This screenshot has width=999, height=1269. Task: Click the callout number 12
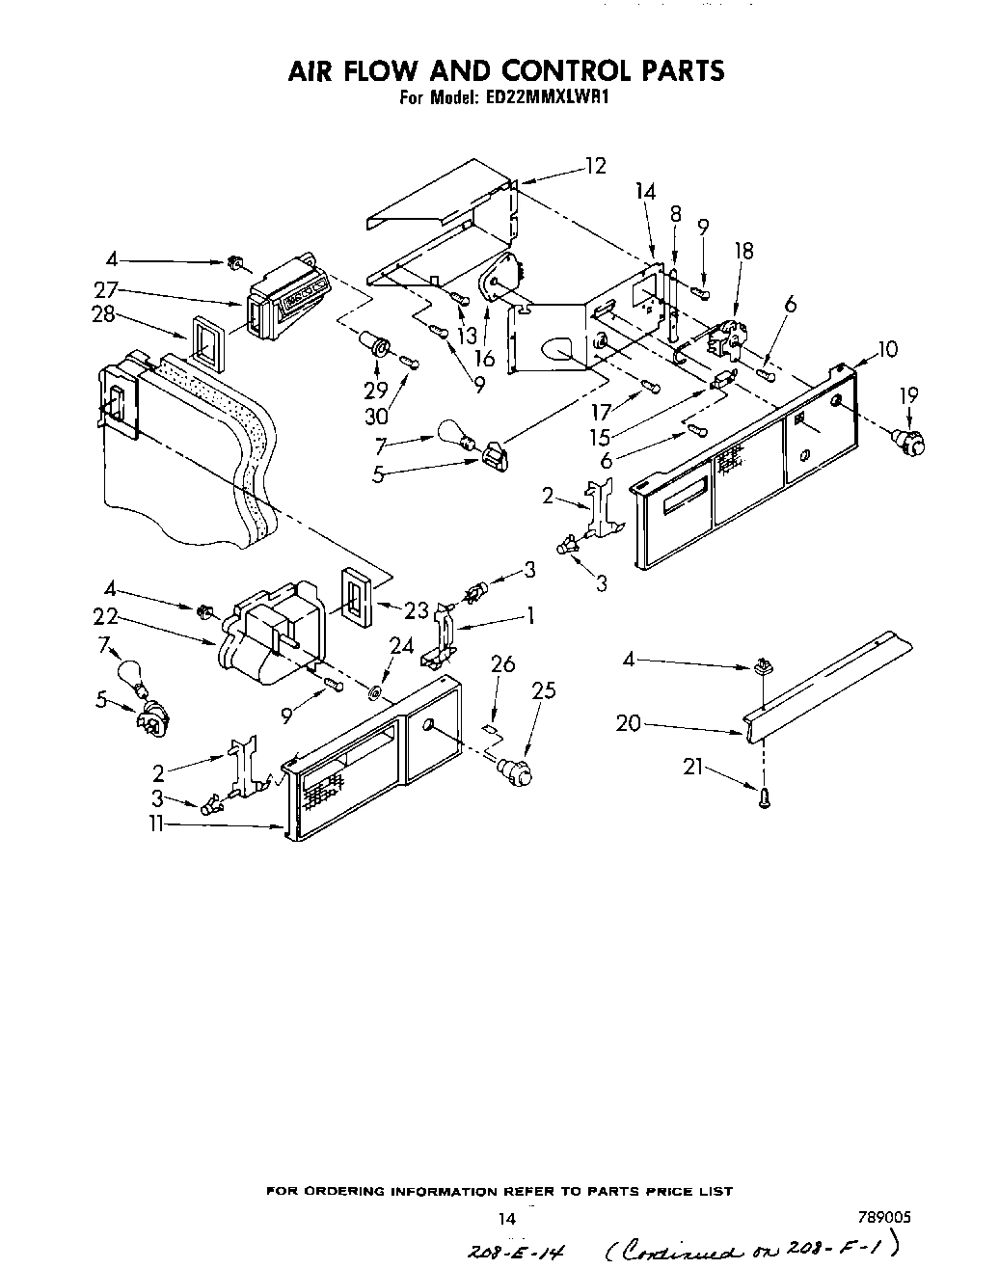(595, 166)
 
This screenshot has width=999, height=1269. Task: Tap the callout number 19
(908, 394)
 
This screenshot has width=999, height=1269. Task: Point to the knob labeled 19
(910, 442)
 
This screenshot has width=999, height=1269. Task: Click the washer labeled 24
(375, 693)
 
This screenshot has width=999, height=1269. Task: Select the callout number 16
(484, 359)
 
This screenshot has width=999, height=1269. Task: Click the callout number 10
(887, 349)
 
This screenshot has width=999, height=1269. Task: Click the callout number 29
(376, 389)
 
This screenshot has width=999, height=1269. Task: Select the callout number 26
(502, 663)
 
